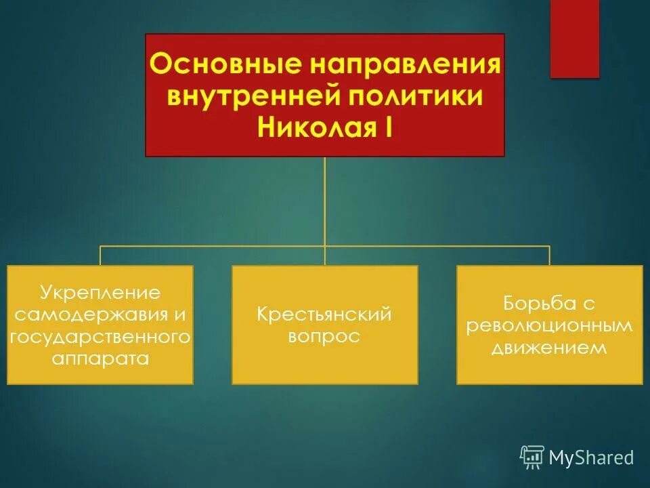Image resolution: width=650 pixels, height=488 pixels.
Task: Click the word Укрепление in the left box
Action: pos(100,293)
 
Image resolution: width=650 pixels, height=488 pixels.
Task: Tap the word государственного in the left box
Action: pos(100,336)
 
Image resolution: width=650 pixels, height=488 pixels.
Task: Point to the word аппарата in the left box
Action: pos(100,358)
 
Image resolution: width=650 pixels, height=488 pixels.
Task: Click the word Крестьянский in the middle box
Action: pos(325,314)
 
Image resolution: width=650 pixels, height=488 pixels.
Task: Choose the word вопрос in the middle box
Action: pos(324,336)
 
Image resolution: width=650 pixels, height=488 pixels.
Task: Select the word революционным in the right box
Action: pos(549,325)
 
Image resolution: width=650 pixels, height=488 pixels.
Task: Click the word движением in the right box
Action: pos(549,348)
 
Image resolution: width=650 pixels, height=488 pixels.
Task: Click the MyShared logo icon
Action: pos(532,457)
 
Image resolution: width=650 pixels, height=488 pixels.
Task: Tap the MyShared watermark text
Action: pos(591,457)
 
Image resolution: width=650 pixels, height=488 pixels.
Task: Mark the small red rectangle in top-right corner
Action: pos(574,39)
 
